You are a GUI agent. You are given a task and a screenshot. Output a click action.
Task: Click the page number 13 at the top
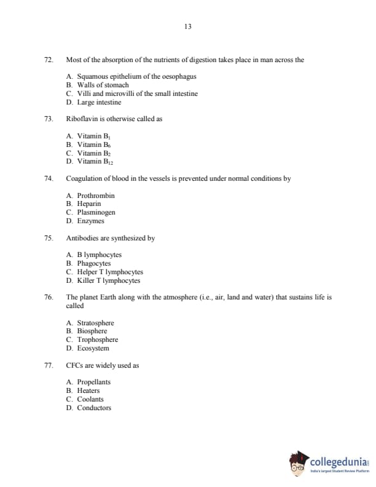pos(188,26)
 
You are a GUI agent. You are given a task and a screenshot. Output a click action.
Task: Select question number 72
pos(49,60)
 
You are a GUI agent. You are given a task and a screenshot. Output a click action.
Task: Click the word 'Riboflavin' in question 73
pos(81,119)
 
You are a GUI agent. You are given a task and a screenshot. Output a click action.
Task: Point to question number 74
pos(49,178)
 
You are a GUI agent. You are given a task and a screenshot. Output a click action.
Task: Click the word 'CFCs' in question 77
pos(75,365)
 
